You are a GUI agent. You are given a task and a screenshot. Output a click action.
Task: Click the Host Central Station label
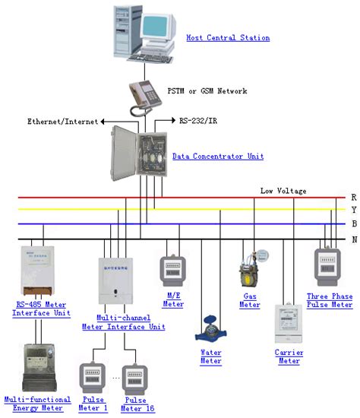point(228,37)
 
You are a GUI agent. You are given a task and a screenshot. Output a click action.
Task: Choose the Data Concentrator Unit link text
point(218,156)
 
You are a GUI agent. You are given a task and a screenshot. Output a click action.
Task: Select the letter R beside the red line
point(353,197)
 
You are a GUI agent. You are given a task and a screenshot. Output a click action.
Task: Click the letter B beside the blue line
point(353,224)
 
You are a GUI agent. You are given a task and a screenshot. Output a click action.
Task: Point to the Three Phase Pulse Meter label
point(329,300)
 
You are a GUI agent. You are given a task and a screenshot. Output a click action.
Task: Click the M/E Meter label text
point(173,299)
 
